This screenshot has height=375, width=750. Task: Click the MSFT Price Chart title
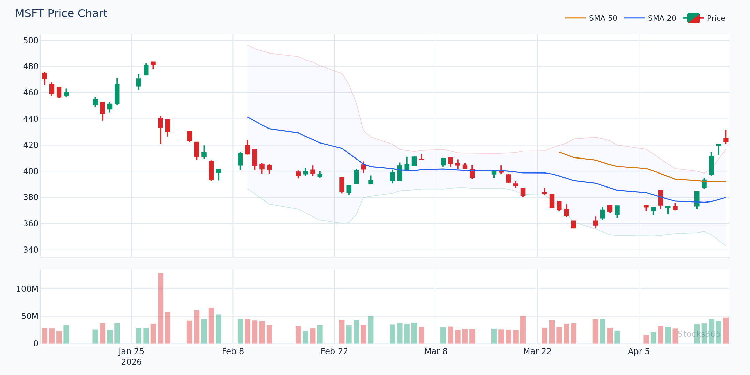(x=61, y=14)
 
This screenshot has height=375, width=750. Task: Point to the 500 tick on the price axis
(x=31, y=41)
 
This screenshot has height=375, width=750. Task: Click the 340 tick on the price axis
(x=31, y=250)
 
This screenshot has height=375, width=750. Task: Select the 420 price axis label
(x=31, y=145)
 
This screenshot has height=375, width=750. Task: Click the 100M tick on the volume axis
(x=27, y=289)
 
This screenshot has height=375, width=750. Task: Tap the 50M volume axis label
(x=30, y=316)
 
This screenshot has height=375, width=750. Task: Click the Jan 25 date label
(x=131, y=351)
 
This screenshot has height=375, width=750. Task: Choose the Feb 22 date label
(x=334, y=351)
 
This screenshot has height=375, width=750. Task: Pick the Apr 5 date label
(x=639, y=351)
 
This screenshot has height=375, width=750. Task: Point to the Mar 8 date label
(x=436, y=351)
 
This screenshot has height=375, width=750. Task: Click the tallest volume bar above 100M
(x=161, y=307)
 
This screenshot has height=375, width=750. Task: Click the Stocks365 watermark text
(x=699, y=334)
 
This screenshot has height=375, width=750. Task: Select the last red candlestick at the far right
(x=726, y=140)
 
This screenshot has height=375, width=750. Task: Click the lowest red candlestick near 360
(x=574, y=224)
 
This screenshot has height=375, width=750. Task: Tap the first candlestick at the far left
(x=44, y=76)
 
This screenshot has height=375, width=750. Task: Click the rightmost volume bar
(x=726, y=331)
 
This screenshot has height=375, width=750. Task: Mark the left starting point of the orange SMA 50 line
(x=559, y=152)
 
